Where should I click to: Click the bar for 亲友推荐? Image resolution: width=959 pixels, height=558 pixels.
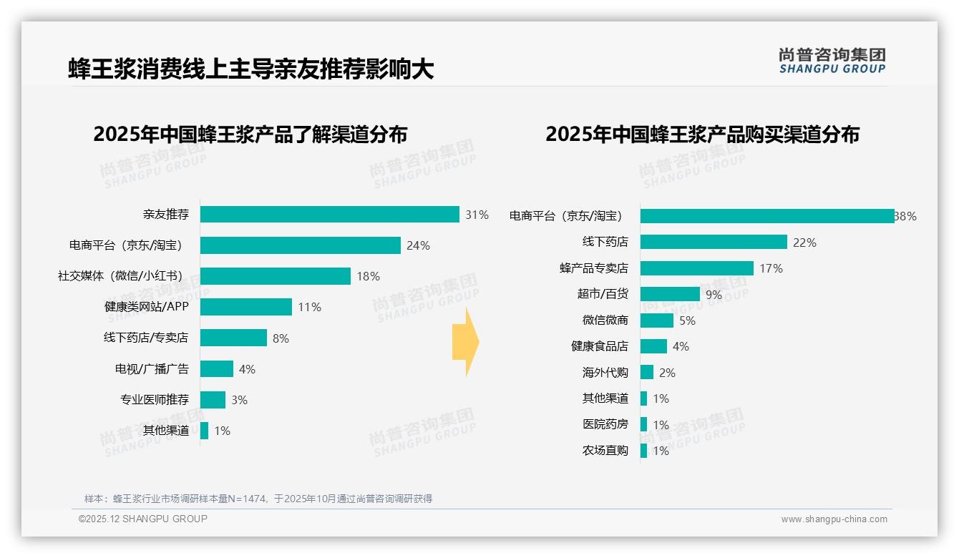pyautogui.click(x=329, y=215)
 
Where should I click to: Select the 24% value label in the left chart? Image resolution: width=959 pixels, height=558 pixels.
pyautogui.click(x=418, y=245)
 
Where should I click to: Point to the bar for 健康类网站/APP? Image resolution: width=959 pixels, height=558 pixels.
pyautogui.click(x=246, y=307)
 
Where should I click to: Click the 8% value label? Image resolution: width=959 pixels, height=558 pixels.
pyautogui.click(x=281, y=338)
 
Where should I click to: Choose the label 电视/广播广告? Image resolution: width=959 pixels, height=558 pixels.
pyautogui.click(x=152, y=369)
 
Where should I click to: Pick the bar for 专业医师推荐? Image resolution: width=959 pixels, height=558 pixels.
pyautogui.click(x=213, y=400)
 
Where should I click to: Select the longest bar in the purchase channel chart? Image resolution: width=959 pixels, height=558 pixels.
pyautogui.click(x=766, y=216)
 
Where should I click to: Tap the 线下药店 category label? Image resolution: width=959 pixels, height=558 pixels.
pyautogui.click(x=605, y=243)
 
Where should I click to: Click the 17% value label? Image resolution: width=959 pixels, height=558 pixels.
pyautogui.click(x=771, y=268)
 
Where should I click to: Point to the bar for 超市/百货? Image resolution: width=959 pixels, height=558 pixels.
pyautogui.click(x=670, y=294)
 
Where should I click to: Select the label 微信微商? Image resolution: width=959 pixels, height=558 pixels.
pyautogui.click(x=605, y=320)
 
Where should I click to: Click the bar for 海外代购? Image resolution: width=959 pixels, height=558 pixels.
pyautogui.click(x=647, y=372)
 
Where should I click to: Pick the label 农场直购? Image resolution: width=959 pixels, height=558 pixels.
pyautogui.click(x=605, y=451)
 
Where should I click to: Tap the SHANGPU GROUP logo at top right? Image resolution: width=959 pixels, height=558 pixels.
pyautogui.click(x=832, y=61)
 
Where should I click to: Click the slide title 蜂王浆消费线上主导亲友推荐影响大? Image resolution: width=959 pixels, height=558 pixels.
pyautogui.click(x=251, y=69)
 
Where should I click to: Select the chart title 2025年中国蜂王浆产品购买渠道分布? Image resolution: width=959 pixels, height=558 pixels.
pyautogui.click(x=702, y=134)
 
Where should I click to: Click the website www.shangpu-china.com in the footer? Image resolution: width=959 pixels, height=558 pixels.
pyautogui.click(x=834, y=519)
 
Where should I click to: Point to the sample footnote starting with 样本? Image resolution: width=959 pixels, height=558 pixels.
pyautogui.click(x=258, y=499)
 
